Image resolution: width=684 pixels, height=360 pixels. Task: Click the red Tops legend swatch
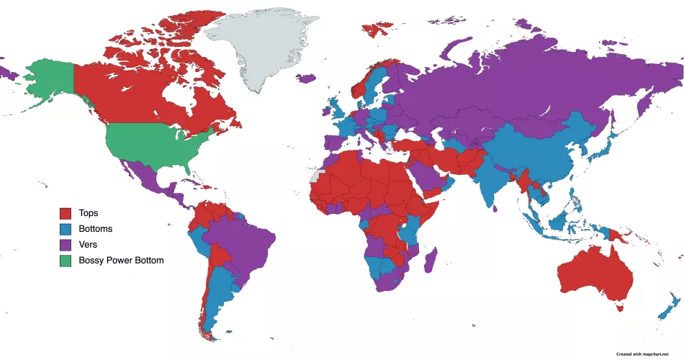66,213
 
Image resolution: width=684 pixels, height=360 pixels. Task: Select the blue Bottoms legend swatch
66,229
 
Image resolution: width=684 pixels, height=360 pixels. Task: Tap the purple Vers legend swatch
66,245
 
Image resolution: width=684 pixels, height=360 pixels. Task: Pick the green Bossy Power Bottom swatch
66,260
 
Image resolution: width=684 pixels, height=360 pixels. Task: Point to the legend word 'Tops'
89,213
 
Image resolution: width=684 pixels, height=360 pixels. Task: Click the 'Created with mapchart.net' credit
637,354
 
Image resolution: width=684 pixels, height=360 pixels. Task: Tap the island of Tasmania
618,307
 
